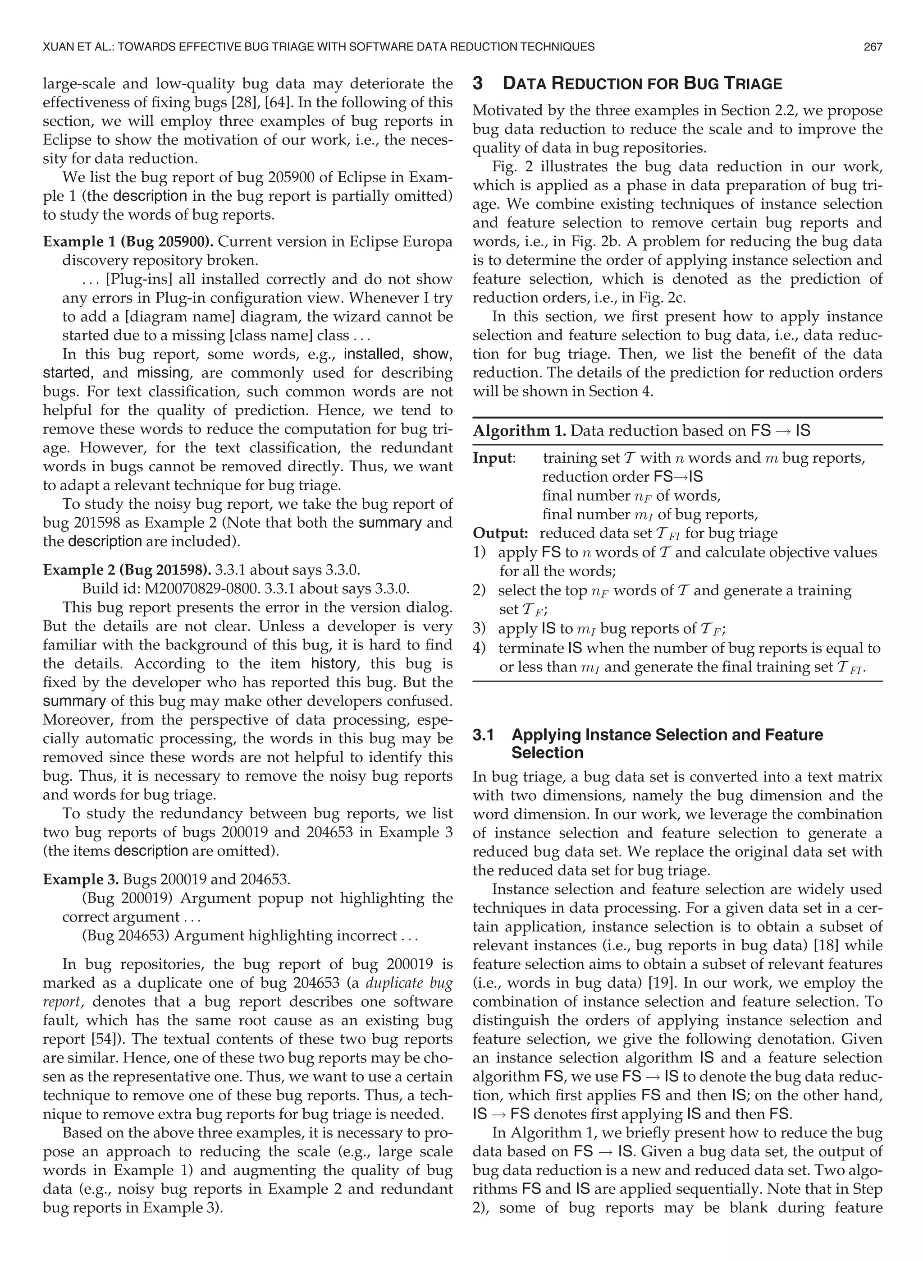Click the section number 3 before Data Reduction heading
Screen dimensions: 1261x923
(x=478, y=84)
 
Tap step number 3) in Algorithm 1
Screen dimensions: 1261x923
(x=480, y=629)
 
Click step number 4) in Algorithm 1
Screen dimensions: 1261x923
(x=480, y=649)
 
